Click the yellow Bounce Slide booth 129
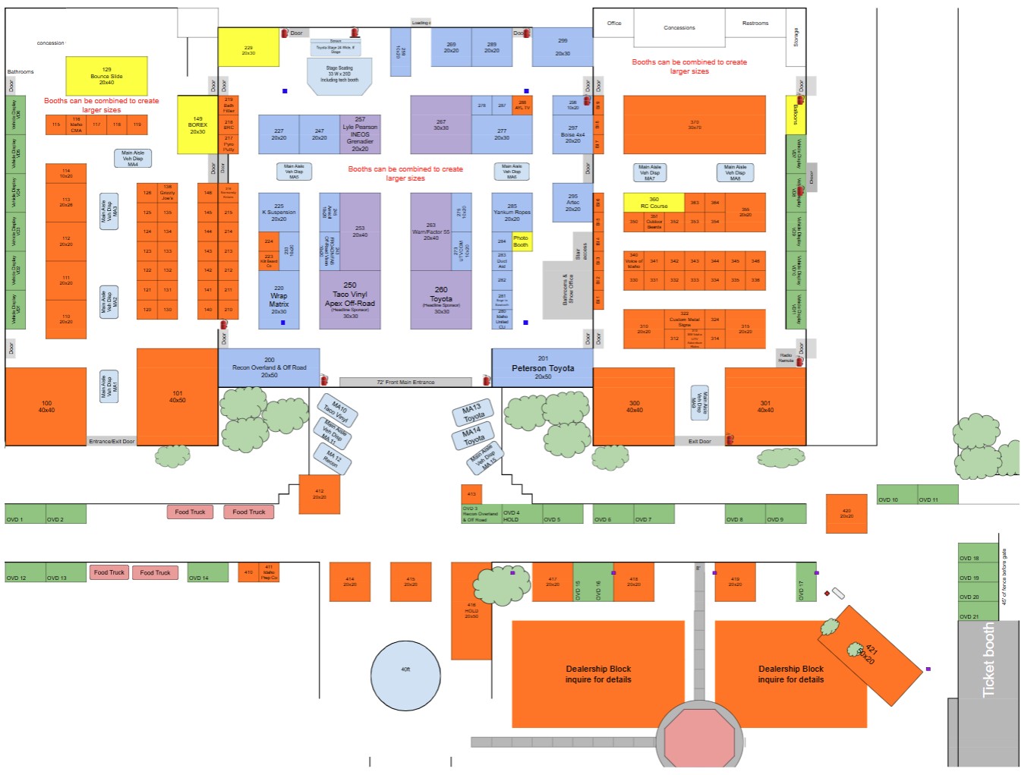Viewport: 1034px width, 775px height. (106, 76)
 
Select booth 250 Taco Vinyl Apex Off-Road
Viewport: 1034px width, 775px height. (349, 299)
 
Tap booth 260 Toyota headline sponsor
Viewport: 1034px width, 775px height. (441, 300)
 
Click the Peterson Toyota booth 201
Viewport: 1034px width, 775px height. (542, 368)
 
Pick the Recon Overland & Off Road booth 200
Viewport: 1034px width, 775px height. (269, 367)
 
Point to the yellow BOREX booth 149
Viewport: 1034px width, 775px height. (197, 125)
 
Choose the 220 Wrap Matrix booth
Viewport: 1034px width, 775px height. (279, 300)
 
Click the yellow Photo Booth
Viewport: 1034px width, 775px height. (521, 241)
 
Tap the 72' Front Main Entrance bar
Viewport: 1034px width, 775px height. (405, 382)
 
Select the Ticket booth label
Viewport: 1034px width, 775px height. (988, 660)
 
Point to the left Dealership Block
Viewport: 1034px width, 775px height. (598, 674)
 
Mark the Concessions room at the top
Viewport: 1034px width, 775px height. (679, 28)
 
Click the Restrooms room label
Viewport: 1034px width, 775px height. (755, 24)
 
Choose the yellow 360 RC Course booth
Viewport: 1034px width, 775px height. (654, 203)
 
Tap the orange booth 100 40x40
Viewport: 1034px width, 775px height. (46, 406)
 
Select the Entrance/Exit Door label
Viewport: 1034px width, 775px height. (112, 441)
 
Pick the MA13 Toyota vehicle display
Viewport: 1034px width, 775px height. (472, 412)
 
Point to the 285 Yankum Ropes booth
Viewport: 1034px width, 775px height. (512, 213)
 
